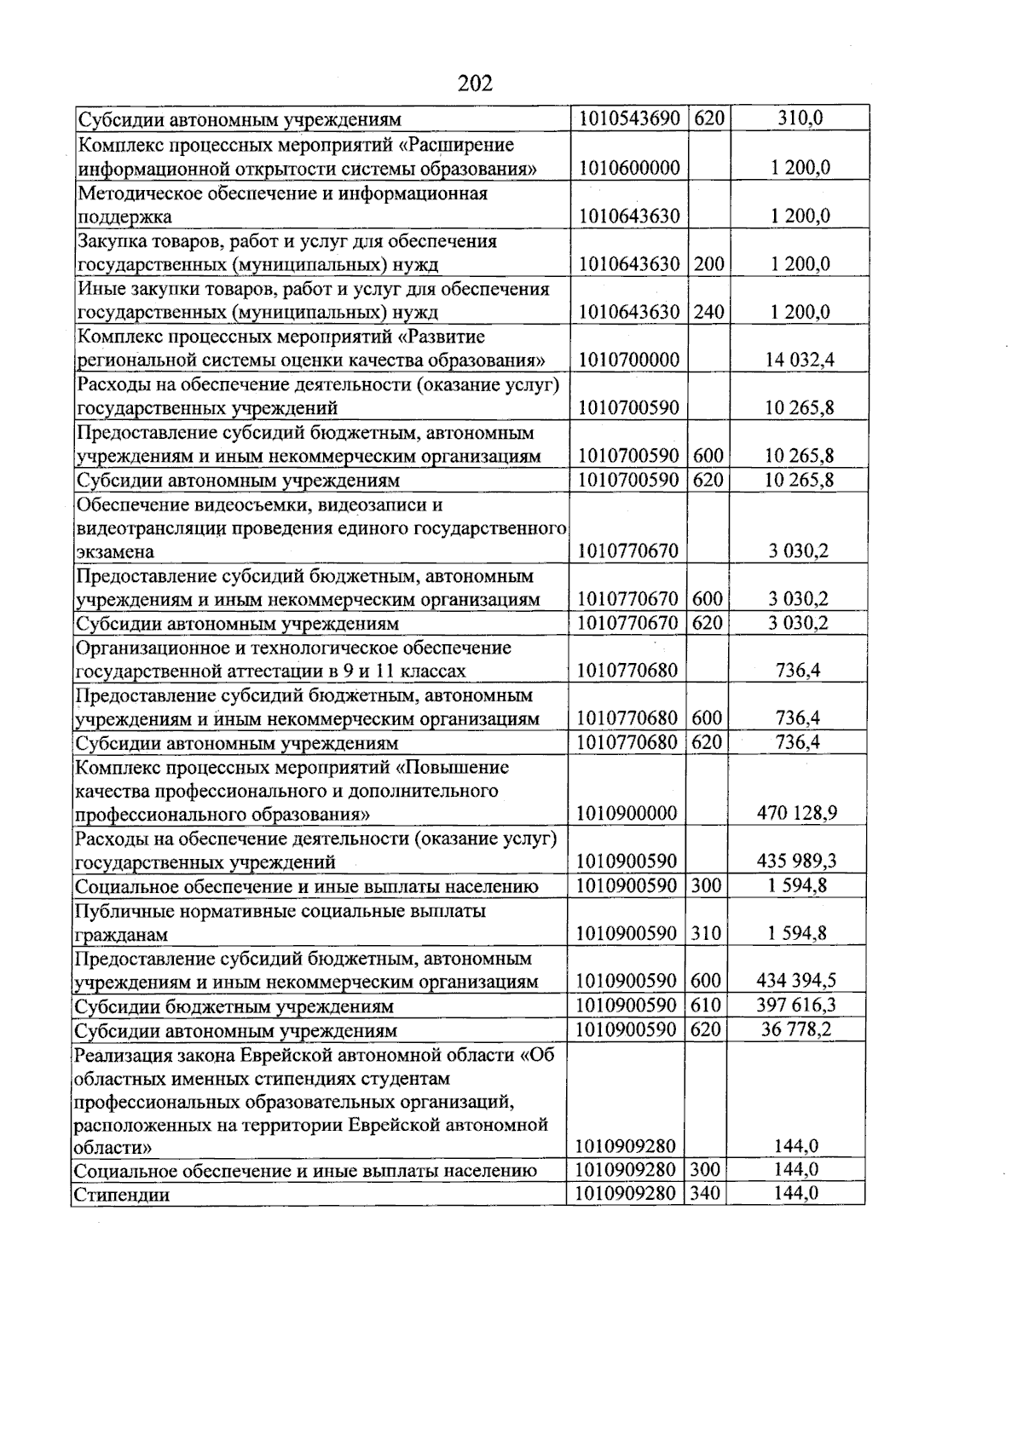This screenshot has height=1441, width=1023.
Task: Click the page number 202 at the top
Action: tap(475, 84)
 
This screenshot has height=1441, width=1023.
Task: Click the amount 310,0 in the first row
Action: tap(800, 118)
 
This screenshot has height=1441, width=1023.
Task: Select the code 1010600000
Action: tap(629, 168)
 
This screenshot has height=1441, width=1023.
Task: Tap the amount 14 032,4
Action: tap(800, 360)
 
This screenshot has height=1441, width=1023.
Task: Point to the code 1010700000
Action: tap(629, 360)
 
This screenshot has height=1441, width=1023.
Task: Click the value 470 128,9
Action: tap(797, 813)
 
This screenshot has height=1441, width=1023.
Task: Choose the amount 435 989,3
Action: tap(797, 862)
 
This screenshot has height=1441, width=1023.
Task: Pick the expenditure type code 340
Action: tap(705, 1194)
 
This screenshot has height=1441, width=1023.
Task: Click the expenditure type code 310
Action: tap(706, 933)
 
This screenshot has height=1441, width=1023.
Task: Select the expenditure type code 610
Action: tap(706, 1006)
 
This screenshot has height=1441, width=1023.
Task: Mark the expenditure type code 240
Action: tap(708, 312)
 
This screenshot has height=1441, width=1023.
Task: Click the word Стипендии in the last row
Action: tap(122, 1195)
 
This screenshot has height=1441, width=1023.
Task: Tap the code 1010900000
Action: tap(627, 813)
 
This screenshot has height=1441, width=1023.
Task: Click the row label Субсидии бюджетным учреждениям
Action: tap(234, 1006)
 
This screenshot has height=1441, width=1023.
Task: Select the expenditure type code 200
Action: tap(708, 264)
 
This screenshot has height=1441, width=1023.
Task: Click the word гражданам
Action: tap(121, 935)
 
